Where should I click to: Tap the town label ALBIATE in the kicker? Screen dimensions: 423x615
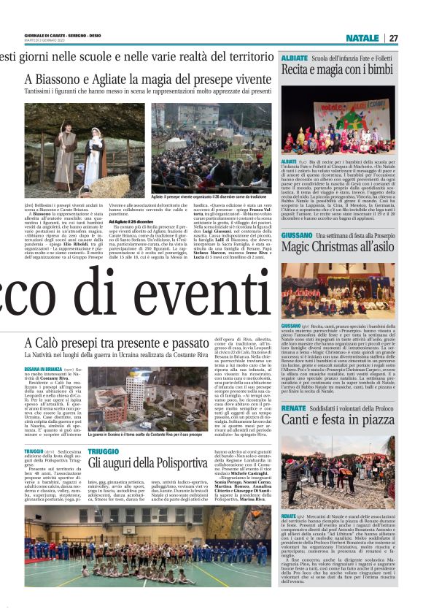295,57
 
